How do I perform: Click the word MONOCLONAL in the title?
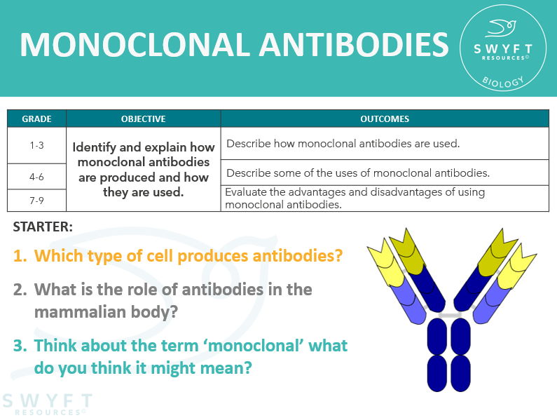click(x=133, y=44)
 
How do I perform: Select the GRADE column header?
click(x=36, y=119)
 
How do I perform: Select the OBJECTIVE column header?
click(x=143, y=119)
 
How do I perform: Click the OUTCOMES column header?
click(x=385, y=119)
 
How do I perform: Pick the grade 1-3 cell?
click(x=36, y=145)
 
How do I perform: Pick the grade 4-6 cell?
click(x=36, y=177)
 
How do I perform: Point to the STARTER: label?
click(x=43, y=227)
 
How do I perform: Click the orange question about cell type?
click(x=188, y=255)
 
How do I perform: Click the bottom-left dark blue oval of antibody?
click(x=438, y=372)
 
